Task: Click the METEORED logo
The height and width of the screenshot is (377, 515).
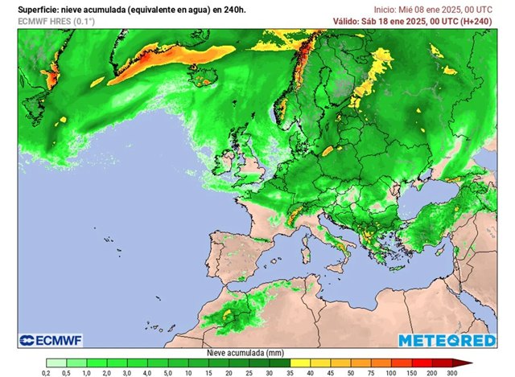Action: (x=447, y=339)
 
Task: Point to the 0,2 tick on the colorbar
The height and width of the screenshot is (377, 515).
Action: (x=47, y=372)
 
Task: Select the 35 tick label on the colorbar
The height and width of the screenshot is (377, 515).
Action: (x=290, y=372)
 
